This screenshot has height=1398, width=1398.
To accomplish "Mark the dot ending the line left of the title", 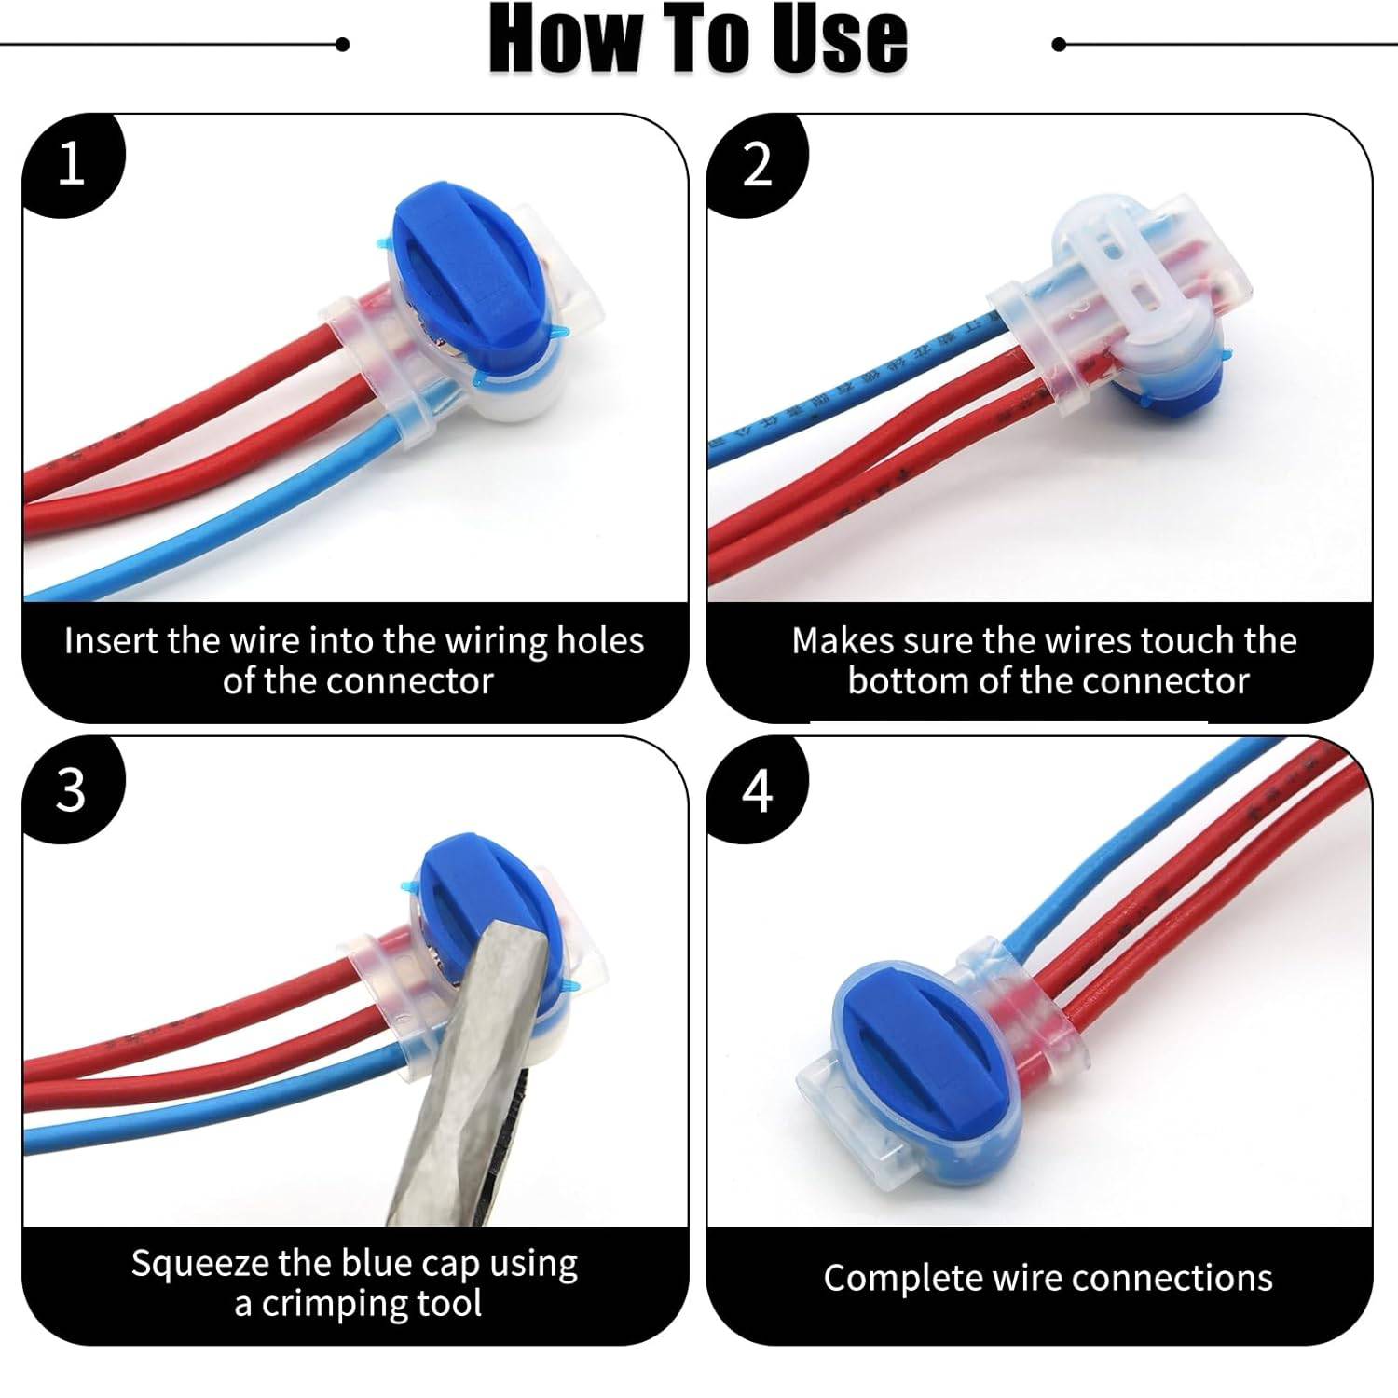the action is pyautogui.click(x=342, y=44).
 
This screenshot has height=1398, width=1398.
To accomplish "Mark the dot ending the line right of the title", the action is pyautogui.click(x=1058, y=44).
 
